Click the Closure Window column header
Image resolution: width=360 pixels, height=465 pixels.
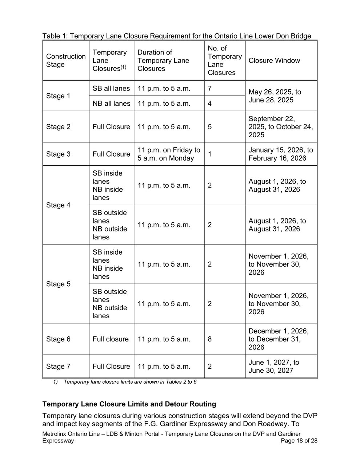tap(274, 61)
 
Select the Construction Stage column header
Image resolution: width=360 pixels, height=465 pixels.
tap(66, 61)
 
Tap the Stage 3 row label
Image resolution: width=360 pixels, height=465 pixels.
tap(58, 154)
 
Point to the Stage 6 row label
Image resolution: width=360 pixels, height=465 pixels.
tap(58, 339)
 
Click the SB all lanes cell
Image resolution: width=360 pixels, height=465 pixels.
tap(111, 88)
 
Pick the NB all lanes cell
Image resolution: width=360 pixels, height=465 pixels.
tap(111, 104)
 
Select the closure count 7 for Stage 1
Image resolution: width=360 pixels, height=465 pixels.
tap(210, 88)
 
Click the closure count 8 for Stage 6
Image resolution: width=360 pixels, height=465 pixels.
tap(210, 339)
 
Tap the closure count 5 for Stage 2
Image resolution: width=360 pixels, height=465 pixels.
tap(210, 127)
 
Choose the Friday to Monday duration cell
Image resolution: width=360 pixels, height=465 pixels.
tap(169, 154)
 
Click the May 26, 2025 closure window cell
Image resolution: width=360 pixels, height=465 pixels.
tap(275, 96)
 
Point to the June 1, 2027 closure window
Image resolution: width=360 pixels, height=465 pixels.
tap(274, 366)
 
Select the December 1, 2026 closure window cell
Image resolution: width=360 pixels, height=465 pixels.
tap(279, 339)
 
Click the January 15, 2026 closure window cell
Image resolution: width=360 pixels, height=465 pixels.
tap(281, 154)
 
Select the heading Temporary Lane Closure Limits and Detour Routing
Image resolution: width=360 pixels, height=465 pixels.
tap(129, 404)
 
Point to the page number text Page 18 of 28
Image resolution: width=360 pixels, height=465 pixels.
tap(299, 441)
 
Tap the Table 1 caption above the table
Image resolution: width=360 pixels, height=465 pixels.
tap(177, 36)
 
